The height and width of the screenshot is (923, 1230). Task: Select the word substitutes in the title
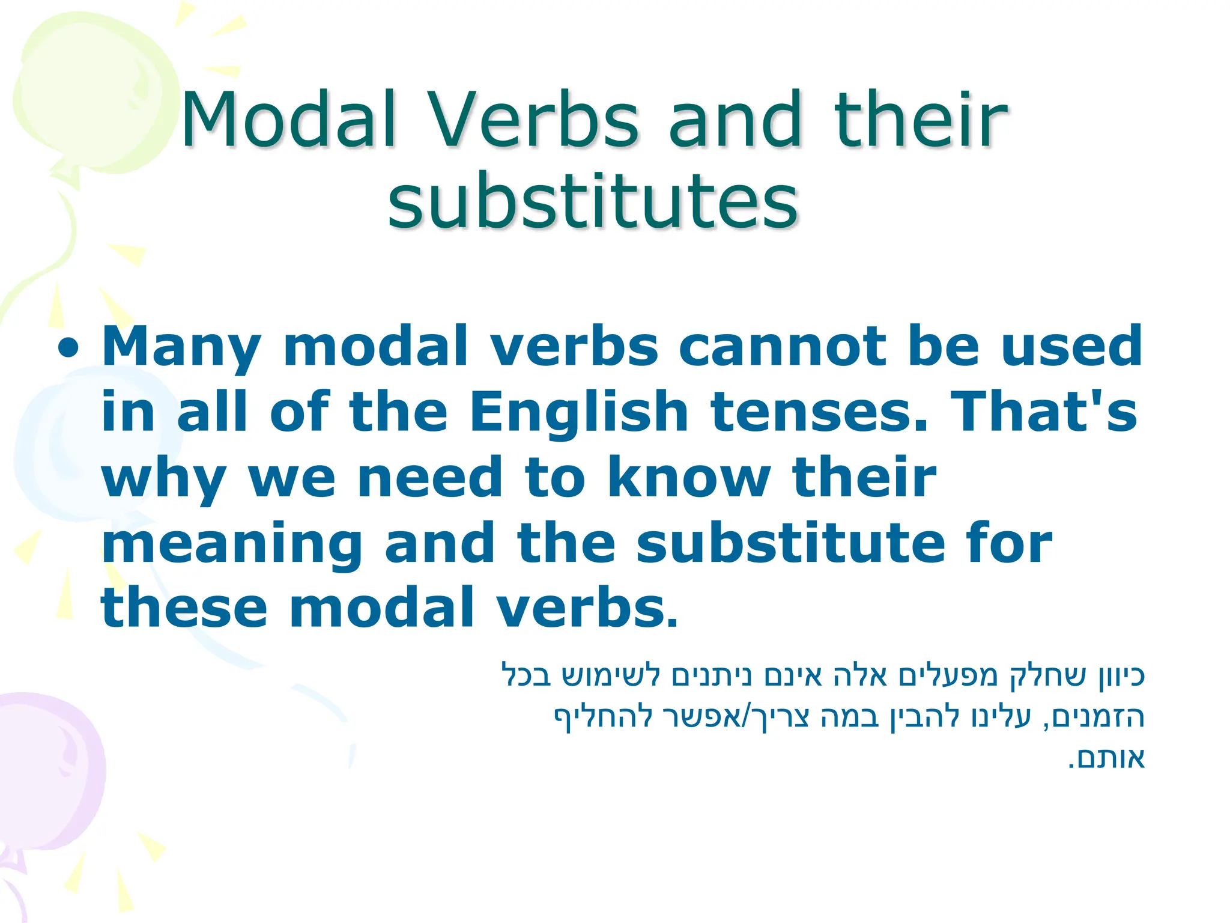[593, 201]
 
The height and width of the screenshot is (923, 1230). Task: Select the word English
[578, 412]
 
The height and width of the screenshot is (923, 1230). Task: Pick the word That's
[1044, 412]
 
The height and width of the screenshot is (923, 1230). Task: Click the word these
[184, 608]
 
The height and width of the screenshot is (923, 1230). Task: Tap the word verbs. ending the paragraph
[586, 608]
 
